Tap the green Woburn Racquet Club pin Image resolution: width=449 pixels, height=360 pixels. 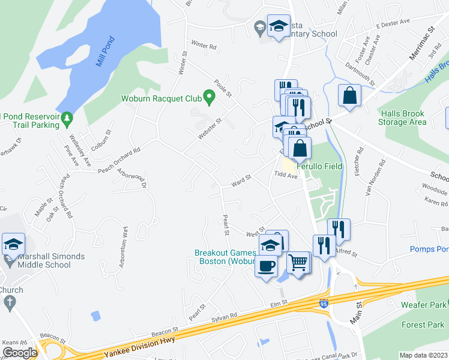(209, 96)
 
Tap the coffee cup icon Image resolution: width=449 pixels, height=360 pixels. (266, 265)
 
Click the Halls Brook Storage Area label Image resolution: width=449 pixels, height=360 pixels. (402, 118)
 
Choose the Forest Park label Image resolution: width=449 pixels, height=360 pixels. (424, 325)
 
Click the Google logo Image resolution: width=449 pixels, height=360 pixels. (20, 353)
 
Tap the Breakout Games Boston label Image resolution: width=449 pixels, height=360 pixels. (224, 257)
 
